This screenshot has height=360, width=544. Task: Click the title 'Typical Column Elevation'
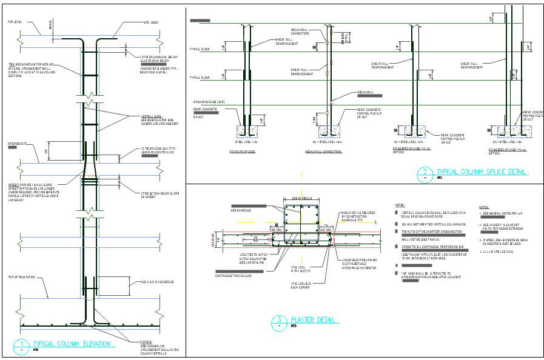72,344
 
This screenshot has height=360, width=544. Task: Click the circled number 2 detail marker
425,175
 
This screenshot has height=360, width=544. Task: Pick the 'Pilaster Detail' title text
315,320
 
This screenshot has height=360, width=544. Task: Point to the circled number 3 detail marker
278,322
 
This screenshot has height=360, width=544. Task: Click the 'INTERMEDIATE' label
18,144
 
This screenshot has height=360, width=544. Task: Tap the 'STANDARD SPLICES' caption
243,152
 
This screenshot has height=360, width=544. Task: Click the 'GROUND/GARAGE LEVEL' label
210,101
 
